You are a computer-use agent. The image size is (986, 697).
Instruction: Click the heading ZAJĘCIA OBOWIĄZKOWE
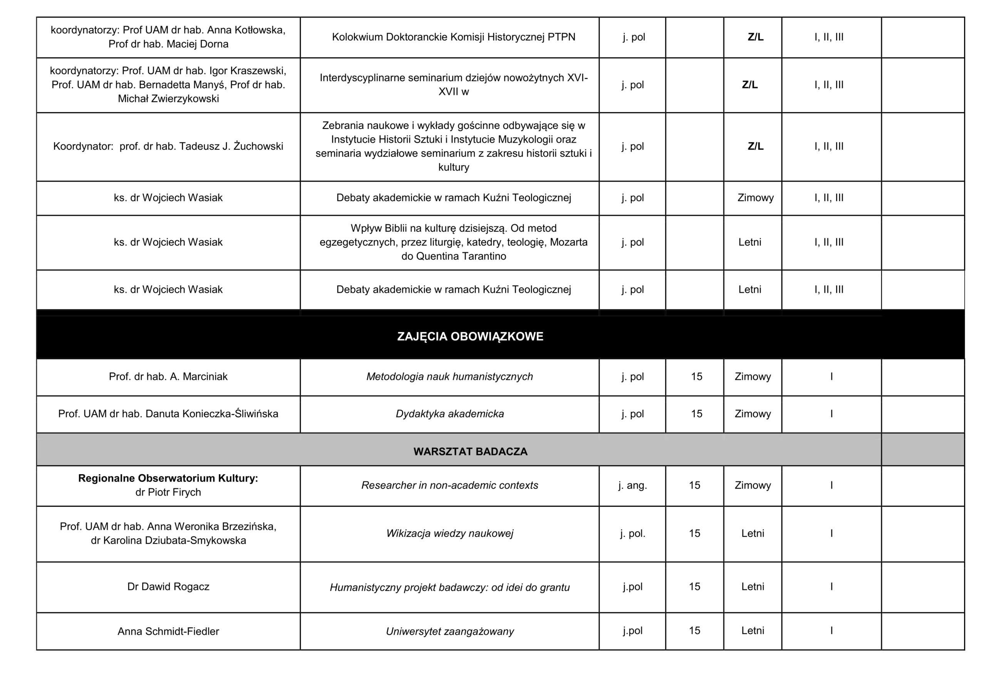point(470,336)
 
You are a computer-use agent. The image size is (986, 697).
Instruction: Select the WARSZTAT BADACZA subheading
point(470,451)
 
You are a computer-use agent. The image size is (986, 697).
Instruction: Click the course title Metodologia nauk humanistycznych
point(449,376)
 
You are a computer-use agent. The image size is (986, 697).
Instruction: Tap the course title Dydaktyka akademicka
point(449,414)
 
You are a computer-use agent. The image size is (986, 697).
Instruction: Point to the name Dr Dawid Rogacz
point(168,587)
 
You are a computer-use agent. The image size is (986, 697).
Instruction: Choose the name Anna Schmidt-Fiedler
point(168,631)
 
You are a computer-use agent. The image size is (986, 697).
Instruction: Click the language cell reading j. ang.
point(632,485)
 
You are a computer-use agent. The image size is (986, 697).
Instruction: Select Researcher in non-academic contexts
point(449,485)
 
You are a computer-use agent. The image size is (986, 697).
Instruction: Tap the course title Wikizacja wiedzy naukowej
point(449,533)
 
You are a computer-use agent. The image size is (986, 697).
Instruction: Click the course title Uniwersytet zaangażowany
point(449,631)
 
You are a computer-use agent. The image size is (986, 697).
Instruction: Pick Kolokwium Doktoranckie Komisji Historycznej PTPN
point(453,37)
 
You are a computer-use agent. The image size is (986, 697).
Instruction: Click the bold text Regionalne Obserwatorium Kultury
point(168,478)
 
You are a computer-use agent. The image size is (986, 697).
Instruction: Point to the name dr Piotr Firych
point(168,492)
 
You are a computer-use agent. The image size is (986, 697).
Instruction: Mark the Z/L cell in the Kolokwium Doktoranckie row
point(755,37)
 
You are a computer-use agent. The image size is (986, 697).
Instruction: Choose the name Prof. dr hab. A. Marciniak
point(168,376)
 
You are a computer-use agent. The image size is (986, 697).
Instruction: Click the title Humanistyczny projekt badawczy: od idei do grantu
point(449,587)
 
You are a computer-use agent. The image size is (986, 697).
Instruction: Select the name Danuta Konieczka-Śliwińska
point(212,414)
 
